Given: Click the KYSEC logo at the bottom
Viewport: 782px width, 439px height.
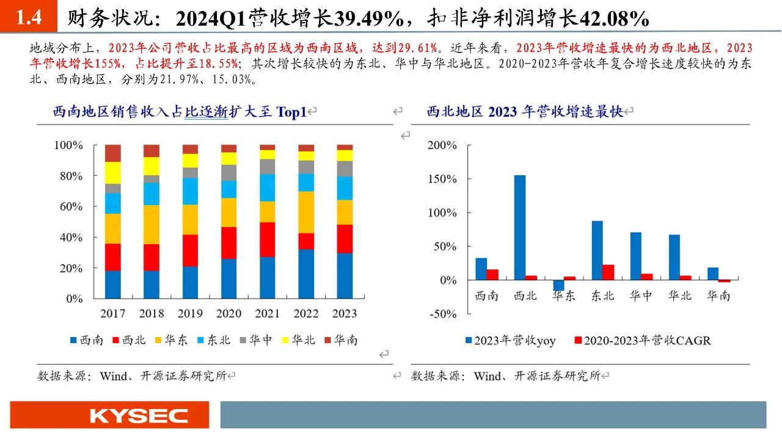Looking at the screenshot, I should click(x=139, y=416).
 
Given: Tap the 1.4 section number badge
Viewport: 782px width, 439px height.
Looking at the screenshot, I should click(x=28, y=18).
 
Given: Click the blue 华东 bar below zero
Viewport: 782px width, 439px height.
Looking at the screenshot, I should click(x=558, y=285).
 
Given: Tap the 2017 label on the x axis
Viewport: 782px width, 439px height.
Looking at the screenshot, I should click(x=112, y=314).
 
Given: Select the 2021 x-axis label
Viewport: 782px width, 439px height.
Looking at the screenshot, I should click(x=267, y=314).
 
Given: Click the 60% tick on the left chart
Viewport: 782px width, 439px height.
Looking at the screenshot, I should click(x=68, y=206).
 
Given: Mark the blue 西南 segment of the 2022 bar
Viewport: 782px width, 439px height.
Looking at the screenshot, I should click(x=306, y=274).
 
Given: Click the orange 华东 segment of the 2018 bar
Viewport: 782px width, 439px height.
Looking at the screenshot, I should click(x=152, y=224).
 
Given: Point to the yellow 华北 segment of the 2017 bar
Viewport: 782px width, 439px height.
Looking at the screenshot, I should click(x=112, y=172).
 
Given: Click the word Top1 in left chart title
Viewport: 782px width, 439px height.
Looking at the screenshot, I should click(x=291, y=112).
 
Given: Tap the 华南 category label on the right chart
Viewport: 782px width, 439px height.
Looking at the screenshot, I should click(x=718, y=296).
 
